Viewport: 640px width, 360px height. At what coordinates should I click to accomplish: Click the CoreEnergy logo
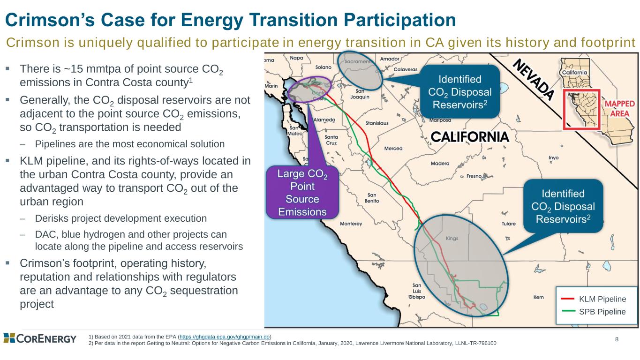40,338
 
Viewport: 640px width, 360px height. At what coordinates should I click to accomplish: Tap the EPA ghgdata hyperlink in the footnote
225,337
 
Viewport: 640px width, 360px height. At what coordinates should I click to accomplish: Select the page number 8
617,339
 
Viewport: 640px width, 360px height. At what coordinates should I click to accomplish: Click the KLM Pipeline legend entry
593,299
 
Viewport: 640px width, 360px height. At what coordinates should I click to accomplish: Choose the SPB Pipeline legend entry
593,311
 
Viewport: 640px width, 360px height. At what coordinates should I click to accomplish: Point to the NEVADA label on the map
533,79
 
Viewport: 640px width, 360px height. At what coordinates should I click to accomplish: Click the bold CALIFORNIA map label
470,137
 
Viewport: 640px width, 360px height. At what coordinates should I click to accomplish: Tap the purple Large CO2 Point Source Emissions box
302,192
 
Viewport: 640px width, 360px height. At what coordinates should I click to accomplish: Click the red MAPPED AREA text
619,109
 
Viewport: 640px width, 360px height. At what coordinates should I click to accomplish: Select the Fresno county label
474,176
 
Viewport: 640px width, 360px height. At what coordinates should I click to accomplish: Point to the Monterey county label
351,224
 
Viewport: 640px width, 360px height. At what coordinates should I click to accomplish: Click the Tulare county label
509,224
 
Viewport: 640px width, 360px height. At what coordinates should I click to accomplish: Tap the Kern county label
538,297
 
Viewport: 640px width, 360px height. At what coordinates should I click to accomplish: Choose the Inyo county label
553,157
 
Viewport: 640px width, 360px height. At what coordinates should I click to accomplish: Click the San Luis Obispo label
417,291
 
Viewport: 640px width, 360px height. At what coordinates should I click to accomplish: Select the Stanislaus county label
377,123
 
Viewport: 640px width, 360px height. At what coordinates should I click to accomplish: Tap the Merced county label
393,148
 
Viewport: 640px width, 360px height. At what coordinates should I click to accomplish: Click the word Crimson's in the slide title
50,20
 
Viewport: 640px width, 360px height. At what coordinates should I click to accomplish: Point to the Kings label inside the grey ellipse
452,238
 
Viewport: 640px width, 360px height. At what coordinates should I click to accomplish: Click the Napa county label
296,58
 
